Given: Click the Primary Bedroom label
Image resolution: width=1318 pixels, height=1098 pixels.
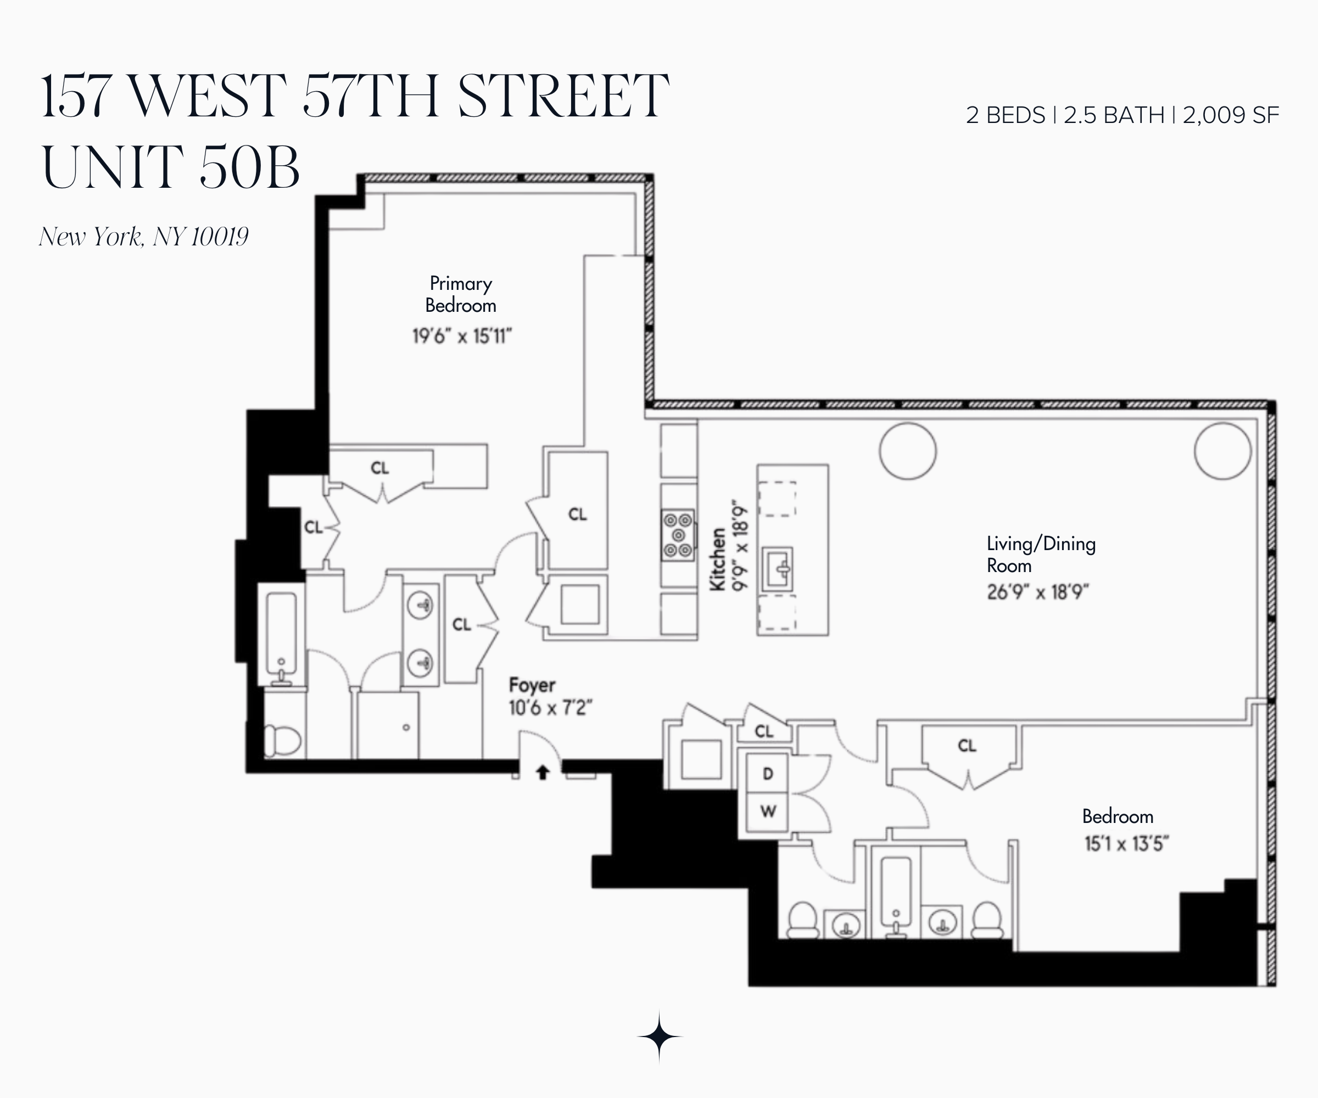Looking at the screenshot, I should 461,294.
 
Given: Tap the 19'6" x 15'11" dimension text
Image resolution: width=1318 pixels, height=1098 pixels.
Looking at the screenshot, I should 462,337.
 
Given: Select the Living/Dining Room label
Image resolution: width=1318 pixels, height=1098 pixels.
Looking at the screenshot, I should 1041,554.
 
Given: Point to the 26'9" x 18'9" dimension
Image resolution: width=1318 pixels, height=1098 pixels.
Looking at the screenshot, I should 1037,592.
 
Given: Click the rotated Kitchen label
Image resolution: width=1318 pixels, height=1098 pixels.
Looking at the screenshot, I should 718,559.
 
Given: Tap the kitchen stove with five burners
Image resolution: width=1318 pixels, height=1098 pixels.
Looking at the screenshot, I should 678,535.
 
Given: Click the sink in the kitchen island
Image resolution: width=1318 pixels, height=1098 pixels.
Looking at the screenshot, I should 778,569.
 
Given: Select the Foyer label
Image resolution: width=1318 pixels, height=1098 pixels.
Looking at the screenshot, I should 532,685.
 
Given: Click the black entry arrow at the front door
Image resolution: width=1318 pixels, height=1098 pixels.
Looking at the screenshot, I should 542,772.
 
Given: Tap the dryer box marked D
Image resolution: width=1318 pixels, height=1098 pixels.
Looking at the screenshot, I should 767,774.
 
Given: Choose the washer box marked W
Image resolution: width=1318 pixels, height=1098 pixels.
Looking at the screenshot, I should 767,812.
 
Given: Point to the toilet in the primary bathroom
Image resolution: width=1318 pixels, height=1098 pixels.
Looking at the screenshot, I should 282,741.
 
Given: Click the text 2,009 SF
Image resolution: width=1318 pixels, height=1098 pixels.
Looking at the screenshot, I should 1231,115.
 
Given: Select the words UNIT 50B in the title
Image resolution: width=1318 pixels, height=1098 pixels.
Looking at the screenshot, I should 171,167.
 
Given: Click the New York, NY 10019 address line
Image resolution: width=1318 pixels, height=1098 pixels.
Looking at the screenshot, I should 144,237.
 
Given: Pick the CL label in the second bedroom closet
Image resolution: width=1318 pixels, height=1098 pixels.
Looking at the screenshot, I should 967,746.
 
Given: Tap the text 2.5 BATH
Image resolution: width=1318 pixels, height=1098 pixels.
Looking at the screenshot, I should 1114,115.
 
